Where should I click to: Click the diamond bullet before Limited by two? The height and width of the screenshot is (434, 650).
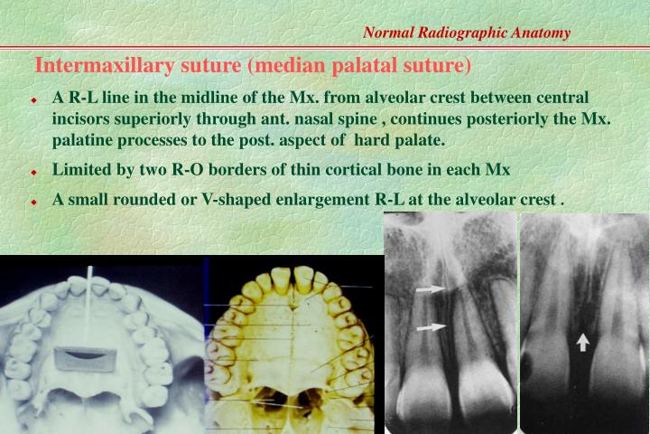pyautogui.click(x=33, y=171)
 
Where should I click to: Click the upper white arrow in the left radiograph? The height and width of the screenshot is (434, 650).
pyautogui.click(x=431, y=290)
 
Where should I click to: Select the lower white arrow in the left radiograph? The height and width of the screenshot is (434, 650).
pyautogui.click(x=431, y=327)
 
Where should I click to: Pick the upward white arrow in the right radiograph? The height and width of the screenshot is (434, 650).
pyautogui.click(x=583, y=341)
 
